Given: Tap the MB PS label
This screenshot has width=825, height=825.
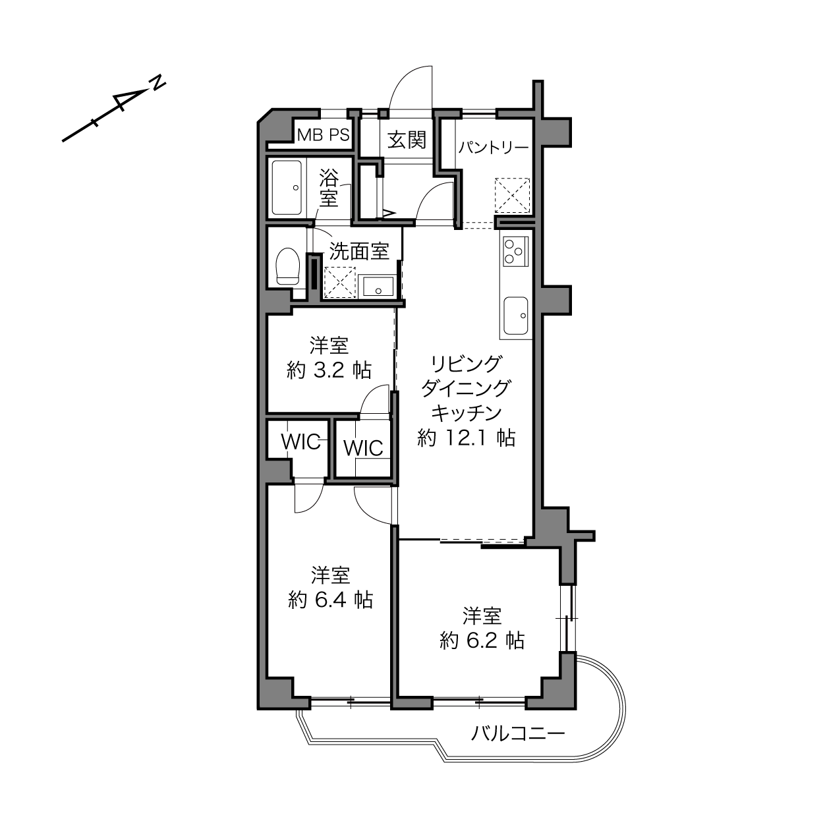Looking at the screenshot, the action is tap(324, 135).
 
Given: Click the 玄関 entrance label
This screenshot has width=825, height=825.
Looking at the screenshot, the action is tap(407, 140).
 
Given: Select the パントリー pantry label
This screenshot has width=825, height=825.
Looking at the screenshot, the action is tap(494, 148).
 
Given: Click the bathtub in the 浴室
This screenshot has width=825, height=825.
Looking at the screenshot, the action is tap(287, 188).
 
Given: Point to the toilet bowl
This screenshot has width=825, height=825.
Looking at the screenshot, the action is tap(288, 266).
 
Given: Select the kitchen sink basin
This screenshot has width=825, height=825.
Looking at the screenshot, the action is tap(515, 316).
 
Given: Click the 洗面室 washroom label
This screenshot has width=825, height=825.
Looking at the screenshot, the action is tap(358, 251).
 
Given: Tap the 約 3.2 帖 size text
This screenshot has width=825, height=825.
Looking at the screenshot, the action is tap(328, 370).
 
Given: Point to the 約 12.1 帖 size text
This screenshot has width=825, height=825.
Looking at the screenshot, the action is tap(466, 438).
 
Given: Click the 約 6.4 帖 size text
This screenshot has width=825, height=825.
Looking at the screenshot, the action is tap(330, 600).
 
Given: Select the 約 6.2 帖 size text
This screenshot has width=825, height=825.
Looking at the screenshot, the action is tap(482, 640).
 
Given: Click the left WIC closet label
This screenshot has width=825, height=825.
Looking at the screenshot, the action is tap(300, 441).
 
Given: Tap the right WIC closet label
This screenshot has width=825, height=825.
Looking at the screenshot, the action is tap(363, 448).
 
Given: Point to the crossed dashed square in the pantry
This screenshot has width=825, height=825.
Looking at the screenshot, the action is tap(512, 195).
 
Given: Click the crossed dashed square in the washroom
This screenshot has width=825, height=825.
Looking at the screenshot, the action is tap(340, 282).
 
